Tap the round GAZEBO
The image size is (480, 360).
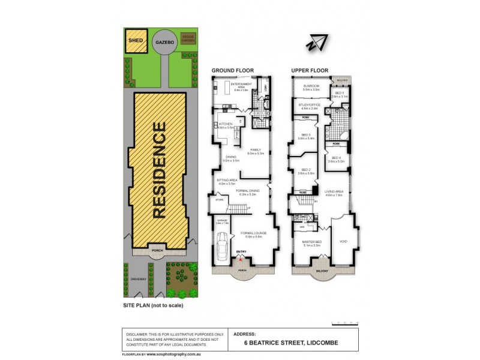click(161, 44)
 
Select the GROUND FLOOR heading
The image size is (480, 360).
click(232, 71)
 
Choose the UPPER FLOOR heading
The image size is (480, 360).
click(310, 71)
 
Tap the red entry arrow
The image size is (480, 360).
click(241, 258)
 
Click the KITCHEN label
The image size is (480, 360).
click(225, 125)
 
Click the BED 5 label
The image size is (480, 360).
click(339, 94)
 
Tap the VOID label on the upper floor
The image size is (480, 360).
click(343, 241)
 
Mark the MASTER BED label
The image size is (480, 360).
click(312, 242)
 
